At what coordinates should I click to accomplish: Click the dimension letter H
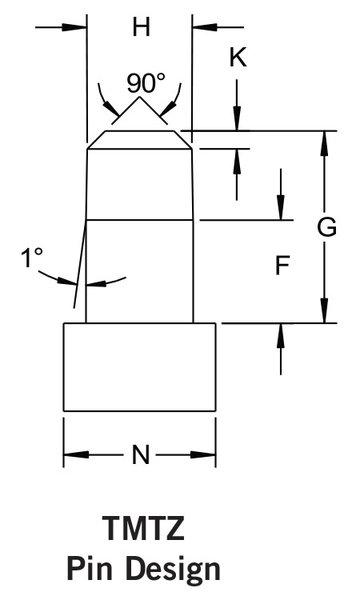point(141,27)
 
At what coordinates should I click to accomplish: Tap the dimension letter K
point(238,58)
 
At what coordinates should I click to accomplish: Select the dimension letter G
point(326,227)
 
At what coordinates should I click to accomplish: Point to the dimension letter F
point(282,266)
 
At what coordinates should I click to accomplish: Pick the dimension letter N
point(141,455)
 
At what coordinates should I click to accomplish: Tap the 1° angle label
point(31,257)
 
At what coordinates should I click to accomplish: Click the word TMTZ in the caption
point(143,529)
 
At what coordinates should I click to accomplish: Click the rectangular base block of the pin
point(139,367)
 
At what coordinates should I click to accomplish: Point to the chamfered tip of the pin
point(139,140)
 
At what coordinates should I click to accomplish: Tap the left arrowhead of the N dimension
point(76,455)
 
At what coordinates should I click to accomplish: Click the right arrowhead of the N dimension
point(203,455)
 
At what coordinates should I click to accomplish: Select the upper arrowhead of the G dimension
point(325,143)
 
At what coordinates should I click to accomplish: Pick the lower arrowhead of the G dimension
point(325,310)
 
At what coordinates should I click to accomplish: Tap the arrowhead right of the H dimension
point(204,27)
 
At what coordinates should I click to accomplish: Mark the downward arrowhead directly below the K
point(237,118)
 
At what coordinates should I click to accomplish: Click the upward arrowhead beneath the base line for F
point(281,335)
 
